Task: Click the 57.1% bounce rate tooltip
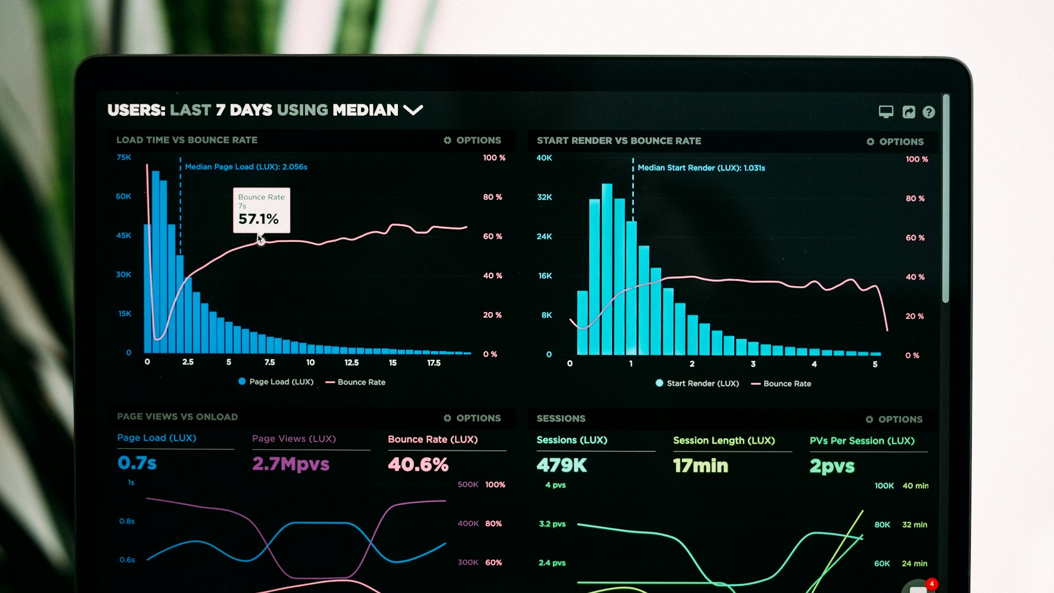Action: click(x=261, y=211)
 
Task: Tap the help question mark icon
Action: click(x=928, y=112)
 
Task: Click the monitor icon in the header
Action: click(x=885, y=111)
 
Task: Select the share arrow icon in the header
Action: click(x=909, y=112)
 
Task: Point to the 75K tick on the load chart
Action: click(x=124, y=158)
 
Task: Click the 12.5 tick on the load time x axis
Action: click(x=351, y=363)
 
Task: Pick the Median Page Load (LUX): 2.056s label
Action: click(x=246, y=167)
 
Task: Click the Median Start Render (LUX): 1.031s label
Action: click(x=701, y=168)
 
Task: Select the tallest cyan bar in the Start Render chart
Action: click(x=607, y=269)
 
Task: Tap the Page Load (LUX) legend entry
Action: click(x=276, y=382)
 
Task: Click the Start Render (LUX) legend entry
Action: click(x=697, y=383)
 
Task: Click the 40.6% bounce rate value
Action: click(x=418, y=465)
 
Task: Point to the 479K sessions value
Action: click(x=562, y=466)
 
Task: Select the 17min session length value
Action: click(x=700, y=466)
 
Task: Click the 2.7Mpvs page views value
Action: click(x=290, y=464)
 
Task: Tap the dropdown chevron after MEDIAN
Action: click(x=413, y=110)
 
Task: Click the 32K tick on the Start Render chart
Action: click(x=544, y=197)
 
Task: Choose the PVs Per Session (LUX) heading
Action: click(x=862, y=441)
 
